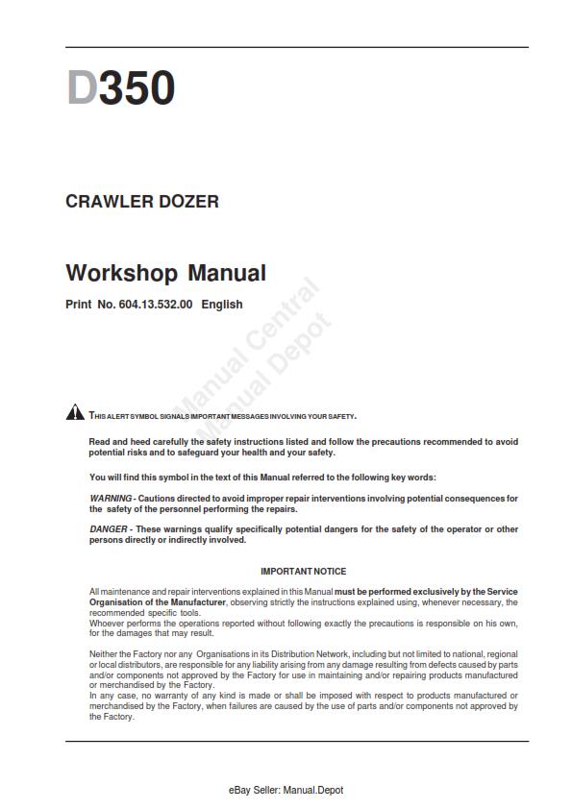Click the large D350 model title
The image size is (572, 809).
coord(120,89)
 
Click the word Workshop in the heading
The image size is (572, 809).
coord(121,273)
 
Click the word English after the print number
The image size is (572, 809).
coord(222,305)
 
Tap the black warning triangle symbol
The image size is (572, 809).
coord(75,413)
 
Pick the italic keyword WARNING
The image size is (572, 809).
coord(111,499)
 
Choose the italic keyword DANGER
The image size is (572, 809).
coord(109,529)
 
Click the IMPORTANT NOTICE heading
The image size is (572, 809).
coord(304,572)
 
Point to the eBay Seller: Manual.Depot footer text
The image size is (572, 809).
coord(286,790)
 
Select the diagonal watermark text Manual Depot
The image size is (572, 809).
coord(269,370)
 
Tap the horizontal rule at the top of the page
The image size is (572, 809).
coord(297,47)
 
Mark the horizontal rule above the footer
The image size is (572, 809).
coord(297,741)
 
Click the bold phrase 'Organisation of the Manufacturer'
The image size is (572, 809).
coord(158,601)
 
